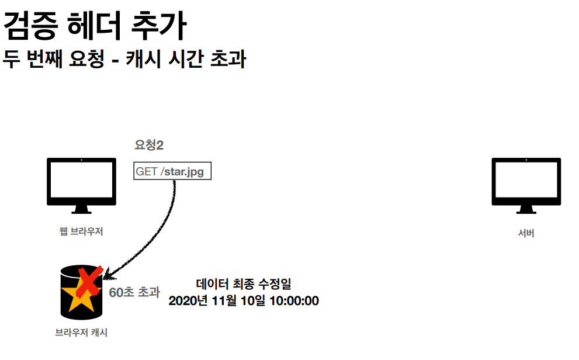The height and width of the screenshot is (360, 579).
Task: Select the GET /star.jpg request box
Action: tap(172, 172)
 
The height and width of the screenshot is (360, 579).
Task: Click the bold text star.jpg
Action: tap(183, 172)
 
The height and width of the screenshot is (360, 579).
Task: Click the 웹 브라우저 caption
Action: tap(81, 231)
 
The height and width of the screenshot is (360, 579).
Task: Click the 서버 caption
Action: tap(526, 233)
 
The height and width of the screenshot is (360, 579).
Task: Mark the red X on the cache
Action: tap(88, 282)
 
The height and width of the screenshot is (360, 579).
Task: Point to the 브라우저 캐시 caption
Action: tap(81, 333)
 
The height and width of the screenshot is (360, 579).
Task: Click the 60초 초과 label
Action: tap(134, 292)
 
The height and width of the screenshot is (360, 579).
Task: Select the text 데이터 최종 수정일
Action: tap(243, 285)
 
